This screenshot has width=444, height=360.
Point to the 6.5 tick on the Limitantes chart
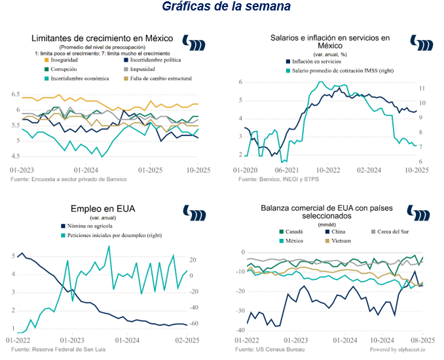coord(15,94)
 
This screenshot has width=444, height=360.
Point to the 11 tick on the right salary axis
coord(422,88)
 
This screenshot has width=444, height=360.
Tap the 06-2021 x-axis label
coord(287,169)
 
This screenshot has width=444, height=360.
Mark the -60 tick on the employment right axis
coord(194,323)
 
